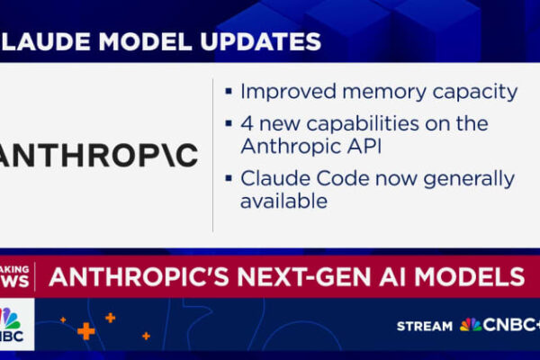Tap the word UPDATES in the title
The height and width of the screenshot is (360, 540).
point(261,41)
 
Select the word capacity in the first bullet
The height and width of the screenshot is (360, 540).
point(475,93)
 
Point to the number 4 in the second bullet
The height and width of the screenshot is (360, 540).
point(247,124)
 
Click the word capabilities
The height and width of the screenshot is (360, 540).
point(363,125)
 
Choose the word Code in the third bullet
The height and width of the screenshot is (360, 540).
point(343,179)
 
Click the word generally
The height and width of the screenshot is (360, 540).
point(469,180)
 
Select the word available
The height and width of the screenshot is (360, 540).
point(283,201)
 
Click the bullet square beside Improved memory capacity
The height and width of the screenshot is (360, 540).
point(229,92)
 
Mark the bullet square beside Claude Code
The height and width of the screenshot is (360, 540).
point(229,178)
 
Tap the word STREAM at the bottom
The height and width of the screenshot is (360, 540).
point(425,326)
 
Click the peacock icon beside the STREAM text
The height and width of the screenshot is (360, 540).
point(471,325)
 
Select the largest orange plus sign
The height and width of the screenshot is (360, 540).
point(86,331)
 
